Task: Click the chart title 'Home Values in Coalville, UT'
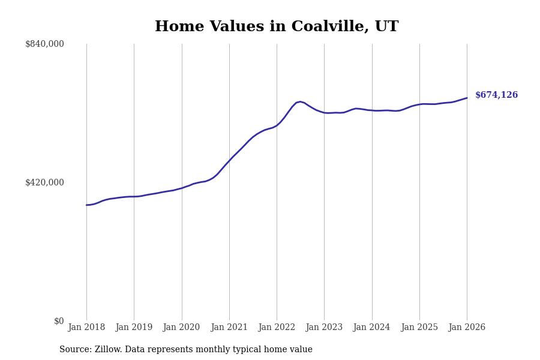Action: click(x=277, y=27)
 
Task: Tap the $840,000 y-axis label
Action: click(x=44, y=44)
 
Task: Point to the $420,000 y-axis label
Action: click(x=44, y=182)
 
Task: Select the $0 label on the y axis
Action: click(x=58, y=321)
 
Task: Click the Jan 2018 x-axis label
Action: click(x=86, y=328)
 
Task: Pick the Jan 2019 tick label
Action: click(x=134, y=328)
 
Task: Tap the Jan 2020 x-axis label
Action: click(x=181, y=328)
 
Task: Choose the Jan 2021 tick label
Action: click(x=229, y=328)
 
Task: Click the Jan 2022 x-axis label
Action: click(x=277, y=328)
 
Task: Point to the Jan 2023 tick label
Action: click(x=324, y=328)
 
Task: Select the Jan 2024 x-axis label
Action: click(x=371, y=328)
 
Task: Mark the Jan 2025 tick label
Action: click(x=419, y=328)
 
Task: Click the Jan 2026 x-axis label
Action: click(x=467, y=328)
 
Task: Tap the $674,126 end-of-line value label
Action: click(x=496, y=95)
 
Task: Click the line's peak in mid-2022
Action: click(x=300, y=101)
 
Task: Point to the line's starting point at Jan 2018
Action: click(x=86, y=205)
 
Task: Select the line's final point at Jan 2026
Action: click(x=467, y=98)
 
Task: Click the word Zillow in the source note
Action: click(x=108, y=350)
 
